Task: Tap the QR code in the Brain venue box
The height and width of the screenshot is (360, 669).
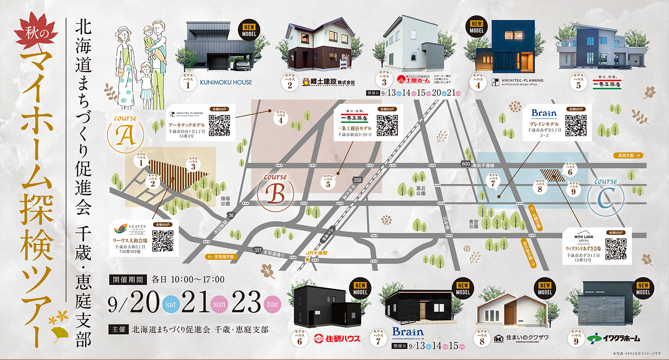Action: (575, 125)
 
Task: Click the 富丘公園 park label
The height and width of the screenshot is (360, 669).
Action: (420, 191)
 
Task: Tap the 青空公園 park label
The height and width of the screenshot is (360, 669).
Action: (473, 223)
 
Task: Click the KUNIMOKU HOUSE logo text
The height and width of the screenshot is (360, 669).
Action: (226, 82)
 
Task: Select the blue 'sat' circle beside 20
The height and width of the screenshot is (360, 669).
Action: (172, 304)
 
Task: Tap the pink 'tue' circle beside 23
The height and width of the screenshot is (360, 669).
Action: (273, 304)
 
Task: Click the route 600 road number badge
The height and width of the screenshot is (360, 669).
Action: (465, 165)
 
